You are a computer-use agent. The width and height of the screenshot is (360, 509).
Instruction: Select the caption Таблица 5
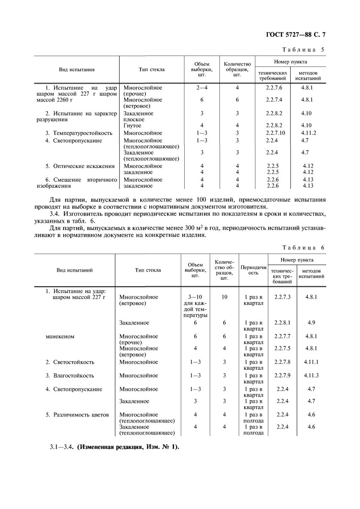pyautogui.click(x=305, y=50)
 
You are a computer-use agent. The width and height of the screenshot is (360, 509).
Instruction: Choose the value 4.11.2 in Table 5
pyautogui.click(x=308, y=133)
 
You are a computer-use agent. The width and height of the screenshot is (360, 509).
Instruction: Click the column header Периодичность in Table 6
pyautogui.click(x=251, y=270)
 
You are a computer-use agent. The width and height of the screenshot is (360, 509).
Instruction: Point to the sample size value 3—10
pyautogui.click(x=195, y=296)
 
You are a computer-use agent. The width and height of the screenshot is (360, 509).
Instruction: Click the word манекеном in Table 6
pyautogui.click(x=60, y=336)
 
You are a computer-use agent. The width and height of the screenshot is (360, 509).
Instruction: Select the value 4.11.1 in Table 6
pyautogui.click(x=311, y=362)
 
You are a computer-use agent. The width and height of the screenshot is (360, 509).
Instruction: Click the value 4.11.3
pyautogui.click(x=311, y=376)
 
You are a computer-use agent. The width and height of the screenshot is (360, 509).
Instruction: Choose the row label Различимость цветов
pyautogui.click(x=77, y=415)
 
